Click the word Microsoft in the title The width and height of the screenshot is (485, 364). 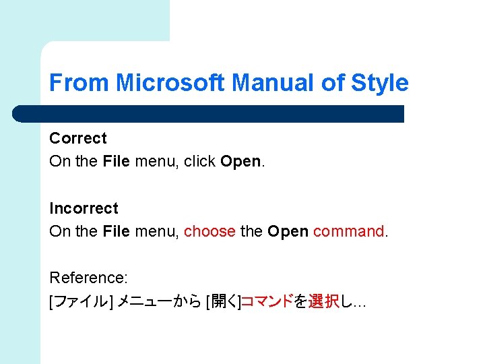tap(170, 83)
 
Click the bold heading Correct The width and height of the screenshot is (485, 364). tap(78, 138)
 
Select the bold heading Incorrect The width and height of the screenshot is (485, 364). tap(84, 208)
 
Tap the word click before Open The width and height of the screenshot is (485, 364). tap(200, 161)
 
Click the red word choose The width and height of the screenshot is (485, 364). tap(209, 231)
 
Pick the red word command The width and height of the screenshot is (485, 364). tap(348, 231)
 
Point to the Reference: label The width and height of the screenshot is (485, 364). tap(89, 278)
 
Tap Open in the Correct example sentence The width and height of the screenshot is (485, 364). tap(240, 162)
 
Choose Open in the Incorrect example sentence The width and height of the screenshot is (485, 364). tap(288, 232)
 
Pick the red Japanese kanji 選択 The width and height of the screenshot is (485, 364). tap(323, 301)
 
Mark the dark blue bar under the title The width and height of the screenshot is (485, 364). tap(209, 114)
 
